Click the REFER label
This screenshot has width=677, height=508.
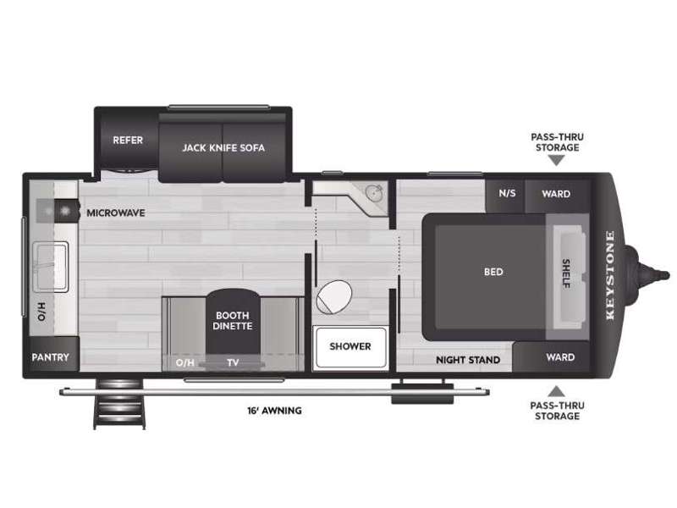(128, 140)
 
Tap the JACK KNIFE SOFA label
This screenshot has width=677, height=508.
(223, 147)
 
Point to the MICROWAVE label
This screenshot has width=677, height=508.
(116, 213)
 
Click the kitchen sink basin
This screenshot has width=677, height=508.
(51, 267)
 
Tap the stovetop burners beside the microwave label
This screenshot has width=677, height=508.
(58, 211)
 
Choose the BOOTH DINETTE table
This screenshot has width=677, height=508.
(233, 322)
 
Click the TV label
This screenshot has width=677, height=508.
(234, 362)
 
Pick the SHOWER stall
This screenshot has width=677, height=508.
(350, 348)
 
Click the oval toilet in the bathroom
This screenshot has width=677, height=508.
(333, 297)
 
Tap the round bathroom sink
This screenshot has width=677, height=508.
(374, 192)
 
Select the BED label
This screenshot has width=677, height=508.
(493, 272)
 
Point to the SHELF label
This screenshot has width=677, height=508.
(566, 273)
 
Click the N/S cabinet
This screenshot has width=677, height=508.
(505, 196)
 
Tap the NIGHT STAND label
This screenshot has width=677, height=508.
(468, 360)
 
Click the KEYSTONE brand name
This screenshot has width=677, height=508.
(609, 275)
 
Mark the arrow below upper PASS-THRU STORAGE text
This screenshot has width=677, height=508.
(557, 161)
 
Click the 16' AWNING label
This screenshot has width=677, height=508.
(274, 411)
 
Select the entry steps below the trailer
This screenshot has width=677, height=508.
(119, 404)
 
